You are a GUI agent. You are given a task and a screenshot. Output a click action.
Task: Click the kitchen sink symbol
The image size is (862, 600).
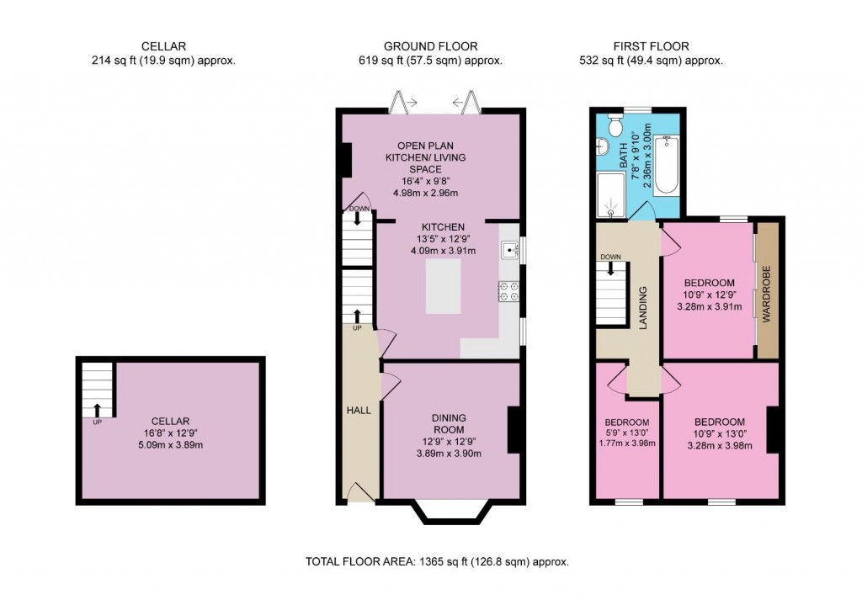(509, 249)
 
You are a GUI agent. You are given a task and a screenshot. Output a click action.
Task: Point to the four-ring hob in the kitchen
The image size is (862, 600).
(509, 290)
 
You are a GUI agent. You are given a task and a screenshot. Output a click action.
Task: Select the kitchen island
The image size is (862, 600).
(444, 287)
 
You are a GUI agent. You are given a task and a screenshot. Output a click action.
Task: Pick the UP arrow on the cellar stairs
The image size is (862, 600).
(97, 410)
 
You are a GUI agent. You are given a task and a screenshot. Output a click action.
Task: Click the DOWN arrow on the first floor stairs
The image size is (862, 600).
(611, 269)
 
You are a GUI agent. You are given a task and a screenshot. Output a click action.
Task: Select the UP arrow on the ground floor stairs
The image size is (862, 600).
(357, 316)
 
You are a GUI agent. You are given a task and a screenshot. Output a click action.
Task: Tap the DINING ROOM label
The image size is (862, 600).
(450, 423)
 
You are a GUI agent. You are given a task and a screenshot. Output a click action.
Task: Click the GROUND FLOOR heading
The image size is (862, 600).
(430, 46)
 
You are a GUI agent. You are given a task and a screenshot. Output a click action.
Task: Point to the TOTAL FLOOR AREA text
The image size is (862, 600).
(430, 561)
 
